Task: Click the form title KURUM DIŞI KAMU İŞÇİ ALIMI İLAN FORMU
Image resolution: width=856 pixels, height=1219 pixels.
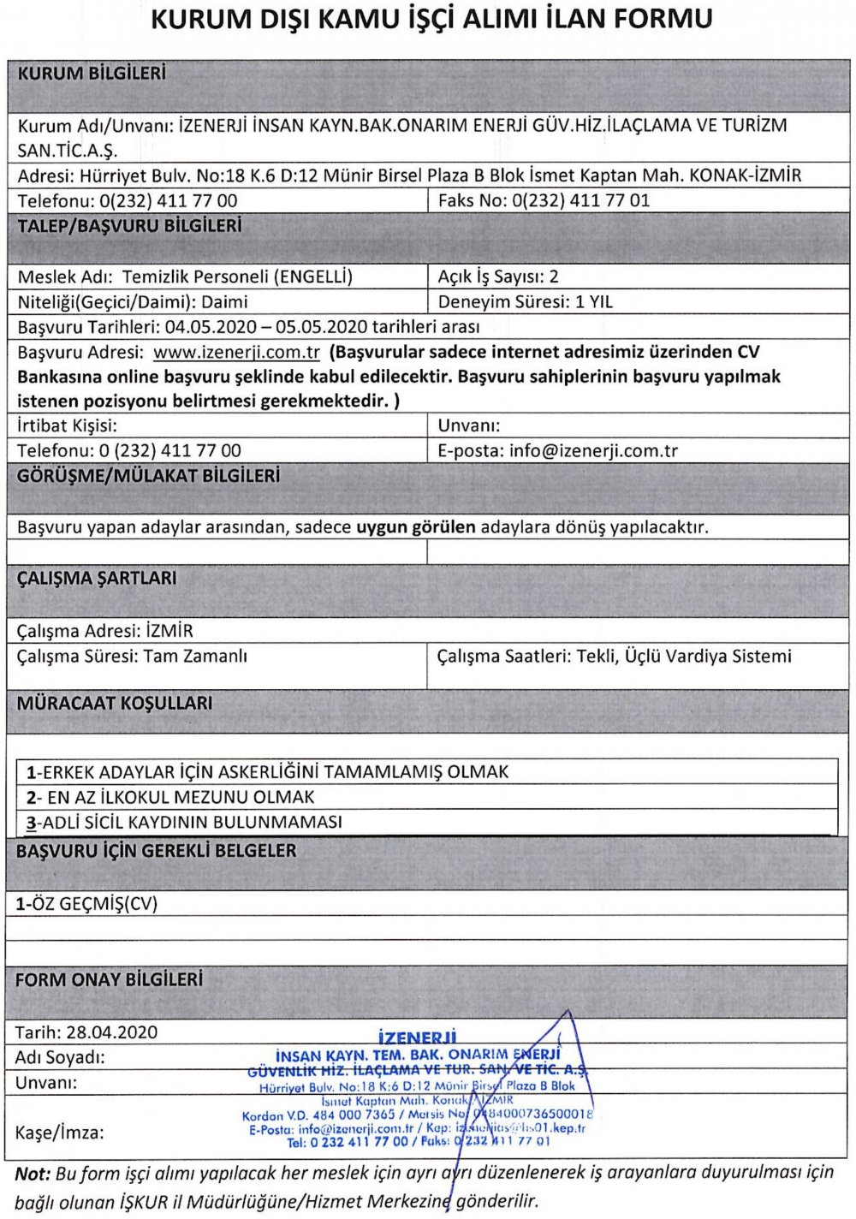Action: click(x=431, y=21)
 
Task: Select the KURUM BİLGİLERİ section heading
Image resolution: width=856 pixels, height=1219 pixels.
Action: click(x=92, y=74)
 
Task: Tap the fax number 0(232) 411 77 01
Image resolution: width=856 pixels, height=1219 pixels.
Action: click(x=580, y=200)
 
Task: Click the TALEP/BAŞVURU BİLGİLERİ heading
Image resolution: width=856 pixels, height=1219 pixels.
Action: click(x=129, y=226)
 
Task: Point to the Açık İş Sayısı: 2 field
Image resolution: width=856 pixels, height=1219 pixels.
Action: click(x=497, y=277)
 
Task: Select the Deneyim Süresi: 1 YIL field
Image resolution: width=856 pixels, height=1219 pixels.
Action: click(x=525, y=301)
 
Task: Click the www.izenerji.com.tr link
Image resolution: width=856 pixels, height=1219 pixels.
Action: click(x=236, y=352)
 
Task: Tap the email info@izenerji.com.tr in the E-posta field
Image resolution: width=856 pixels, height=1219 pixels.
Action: click(x=592, y=450)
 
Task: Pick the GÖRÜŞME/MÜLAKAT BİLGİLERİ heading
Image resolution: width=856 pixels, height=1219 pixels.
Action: click(x=148, y=476)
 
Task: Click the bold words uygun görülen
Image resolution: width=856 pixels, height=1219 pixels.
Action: click(x=415, y=526)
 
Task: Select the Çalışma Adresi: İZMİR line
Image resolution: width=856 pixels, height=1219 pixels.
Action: click(x=105, y=631)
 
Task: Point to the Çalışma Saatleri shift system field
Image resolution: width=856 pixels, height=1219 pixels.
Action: click(x=614, y=656)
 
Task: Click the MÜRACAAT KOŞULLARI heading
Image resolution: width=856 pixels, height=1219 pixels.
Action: click(x=115, y=704)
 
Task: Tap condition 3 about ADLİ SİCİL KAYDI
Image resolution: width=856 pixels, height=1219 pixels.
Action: click(x=184, y=822)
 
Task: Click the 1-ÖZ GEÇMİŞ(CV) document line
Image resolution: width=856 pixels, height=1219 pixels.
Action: click(x=86, y=903)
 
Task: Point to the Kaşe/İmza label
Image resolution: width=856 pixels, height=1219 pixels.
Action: click(x=59, y=1133)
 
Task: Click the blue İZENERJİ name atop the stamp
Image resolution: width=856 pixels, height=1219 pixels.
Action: click(x=417, y=1038)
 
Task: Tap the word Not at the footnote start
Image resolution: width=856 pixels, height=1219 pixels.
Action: click(x=33, y=1173)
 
